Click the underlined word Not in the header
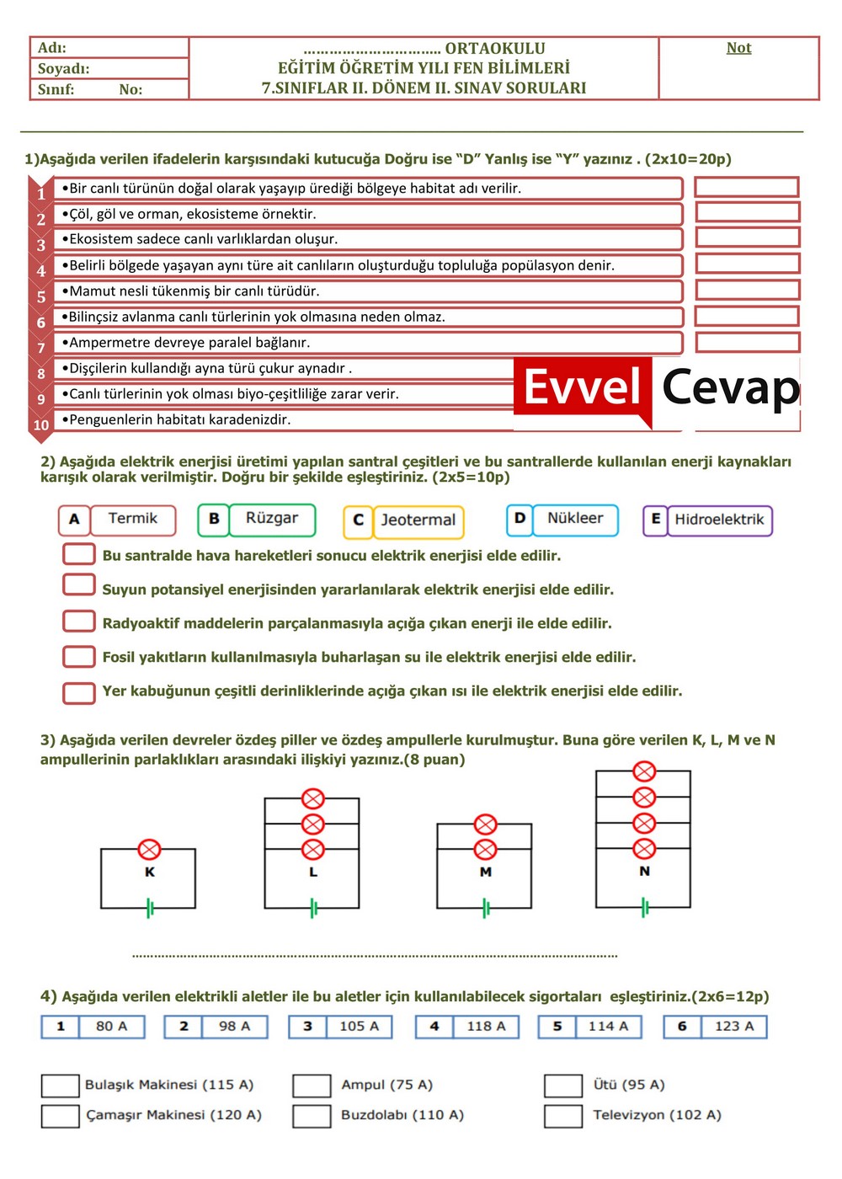point(738,48)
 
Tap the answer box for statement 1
point(746,187)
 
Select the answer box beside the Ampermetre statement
point(747,342)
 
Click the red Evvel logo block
point(583,388)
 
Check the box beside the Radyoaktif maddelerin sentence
point(79,622)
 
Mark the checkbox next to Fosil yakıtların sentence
point(79,656)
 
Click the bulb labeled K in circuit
point(150,849)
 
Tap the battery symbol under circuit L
point(313,908)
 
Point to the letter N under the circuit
point(644,871)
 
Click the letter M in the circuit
point(485,872)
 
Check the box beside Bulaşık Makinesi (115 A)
point(60,1086)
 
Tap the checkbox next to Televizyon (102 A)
point(563,1116)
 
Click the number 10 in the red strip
point(41,425)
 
